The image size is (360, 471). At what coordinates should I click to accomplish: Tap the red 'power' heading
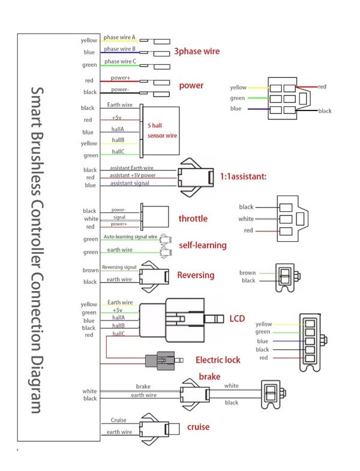coord(191,85)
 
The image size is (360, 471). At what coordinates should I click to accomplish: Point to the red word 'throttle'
coord(193,218)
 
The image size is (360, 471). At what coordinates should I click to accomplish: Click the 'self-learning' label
coord(203,245)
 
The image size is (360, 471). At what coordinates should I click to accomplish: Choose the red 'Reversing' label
coord(196,275)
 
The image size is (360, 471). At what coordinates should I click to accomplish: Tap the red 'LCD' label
coord(237,318)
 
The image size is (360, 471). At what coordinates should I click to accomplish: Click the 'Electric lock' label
coord(218,360)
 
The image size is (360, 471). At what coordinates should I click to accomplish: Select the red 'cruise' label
coord(198,427)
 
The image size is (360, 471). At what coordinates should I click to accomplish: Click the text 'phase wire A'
coord(119,37)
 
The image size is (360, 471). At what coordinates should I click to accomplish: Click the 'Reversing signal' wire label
coord(119,267)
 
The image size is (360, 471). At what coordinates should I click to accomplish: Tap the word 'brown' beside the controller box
coord(90,270)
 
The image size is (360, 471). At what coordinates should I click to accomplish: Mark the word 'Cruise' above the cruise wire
coord(119,420)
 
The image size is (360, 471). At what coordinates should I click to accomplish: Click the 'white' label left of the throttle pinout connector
coord(246,219)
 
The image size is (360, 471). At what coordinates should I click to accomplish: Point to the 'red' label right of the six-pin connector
coord(322,87)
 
